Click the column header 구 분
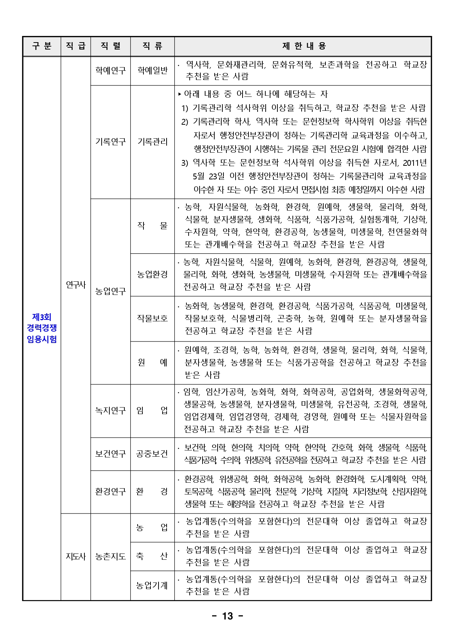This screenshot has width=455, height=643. pyautogui.click(x=42, y=46)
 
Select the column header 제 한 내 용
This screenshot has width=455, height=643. pyautogui.click(x=303, y=46)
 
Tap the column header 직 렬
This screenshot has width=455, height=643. pyautogui.click(x=110, y=46)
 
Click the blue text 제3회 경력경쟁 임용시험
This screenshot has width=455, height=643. pyautogui.click(x=42, y=328)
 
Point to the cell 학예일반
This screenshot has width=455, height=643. pyautogui.click(x=152, y=70)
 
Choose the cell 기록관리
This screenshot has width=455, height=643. pyautogui.click(x=152, y=142)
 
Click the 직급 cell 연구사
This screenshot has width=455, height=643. pyautogui.click(x=76, y=285)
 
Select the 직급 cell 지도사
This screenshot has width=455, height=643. pyautogui.click(x=76, y=556)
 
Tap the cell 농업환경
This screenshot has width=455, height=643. pyautogui.click(x=152, y=274)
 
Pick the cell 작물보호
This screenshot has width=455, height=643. pyautogui.click(x=152, y=318)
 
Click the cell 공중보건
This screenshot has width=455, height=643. pyautogui.click(x=152, y=454)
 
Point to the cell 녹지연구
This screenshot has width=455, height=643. pyautogui.click(x=110, y=410)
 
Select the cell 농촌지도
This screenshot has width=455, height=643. pyautogui.click(x=110, y=556)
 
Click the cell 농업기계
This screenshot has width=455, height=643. pyautogui.click(x=152, y=585)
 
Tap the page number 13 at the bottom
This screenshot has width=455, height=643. pyautogui.click(x=227, y=616)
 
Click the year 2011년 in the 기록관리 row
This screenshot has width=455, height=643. pyautogui.click(x=415, y=163)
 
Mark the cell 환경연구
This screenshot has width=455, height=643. pyautogui.click(x=110, y=492)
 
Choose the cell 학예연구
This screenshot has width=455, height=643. pyautogui.click(x=110, y=70)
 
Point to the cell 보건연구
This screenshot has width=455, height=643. pyautogui.click(x=110, y=454)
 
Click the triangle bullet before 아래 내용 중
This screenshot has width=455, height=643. pyautogui.click(x=180, y=94)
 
